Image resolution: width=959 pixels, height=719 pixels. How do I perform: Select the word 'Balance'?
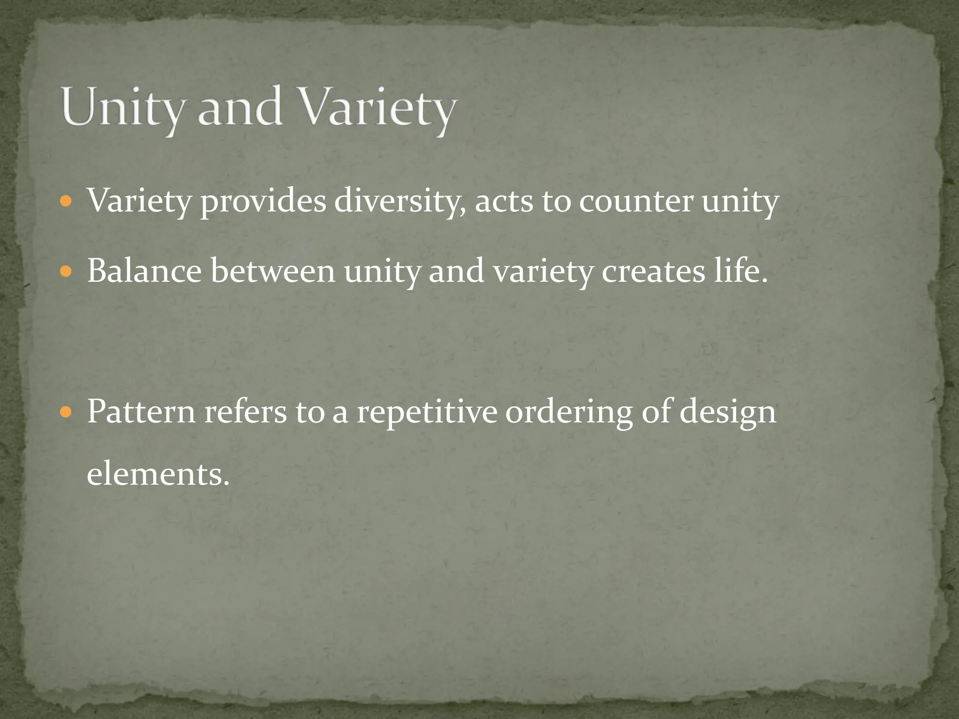coord(145,271)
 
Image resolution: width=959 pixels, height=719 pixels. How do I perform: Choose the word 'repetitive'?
coord(427,412)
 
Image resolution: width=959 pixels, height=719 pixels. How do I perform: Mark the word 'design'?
coord(728,412)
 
